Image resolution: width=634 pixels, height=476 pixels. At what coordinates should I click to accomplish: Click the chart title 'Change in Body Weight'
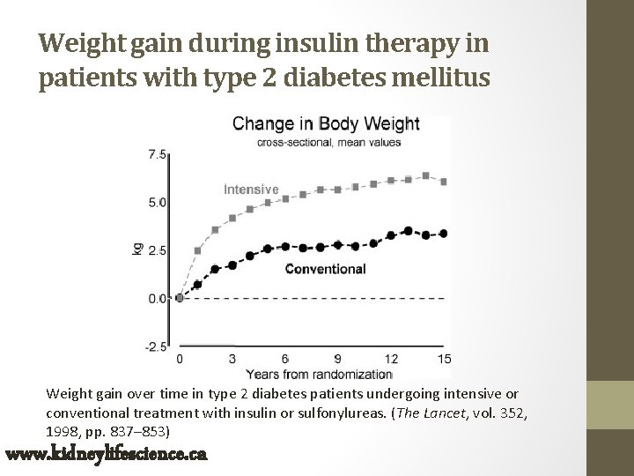326,123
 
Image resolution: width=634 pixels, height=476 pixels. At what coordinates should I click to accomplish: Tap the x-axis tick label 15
444,360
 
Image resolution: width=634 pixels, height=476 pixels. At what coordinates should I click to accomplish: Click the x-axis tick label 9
338,360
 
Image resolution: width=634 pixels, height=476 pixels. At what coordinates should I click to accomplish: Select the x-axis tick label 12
391,360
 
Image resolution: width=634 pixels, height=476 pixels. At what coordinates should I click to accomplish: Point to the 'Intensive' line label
251,189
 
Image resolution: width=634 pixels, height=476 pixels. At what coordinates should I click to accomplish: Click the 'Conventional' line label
325,269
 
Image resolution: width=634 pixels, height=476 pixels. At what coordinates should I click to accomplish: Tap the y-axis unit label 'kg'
137,249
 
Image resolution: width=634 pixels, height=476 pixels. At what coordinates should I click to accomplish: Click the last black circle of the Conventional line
444,234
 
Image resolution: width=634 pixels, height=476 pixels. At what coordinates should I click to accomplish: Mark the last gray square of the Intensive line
444,182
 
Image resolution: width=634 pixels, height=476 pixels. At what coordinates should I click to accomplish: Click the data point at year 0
180,298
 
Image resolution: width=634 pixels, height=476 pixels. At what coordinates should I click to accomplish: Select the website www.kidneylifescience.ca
106,455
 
